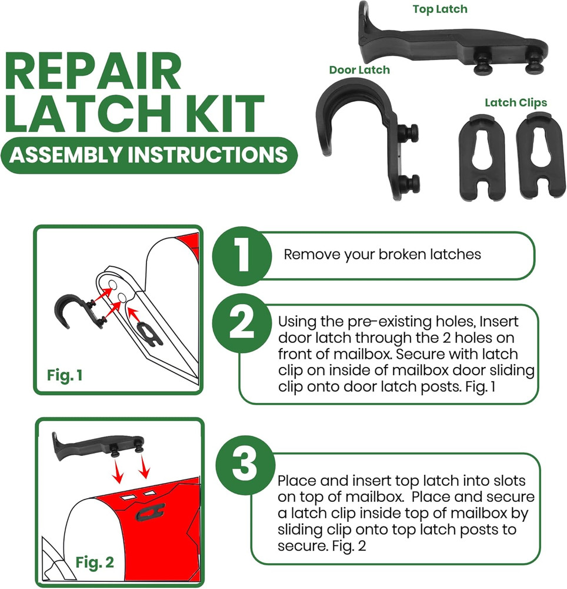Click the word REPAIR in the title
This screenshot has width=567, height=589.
click(x=94, y=72)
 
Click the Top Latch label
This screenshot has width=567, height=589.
click(x=440, y=9)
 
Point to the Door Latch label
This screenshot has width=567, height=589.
click(x=359, y=70)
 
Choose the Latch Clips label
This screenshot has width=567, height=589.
click(x=516, y=102)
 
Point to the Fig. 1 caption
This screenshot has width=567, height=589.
click(x=65, y=375)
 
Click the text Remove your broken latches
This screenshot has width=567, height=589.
click(x=382, y=254)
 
